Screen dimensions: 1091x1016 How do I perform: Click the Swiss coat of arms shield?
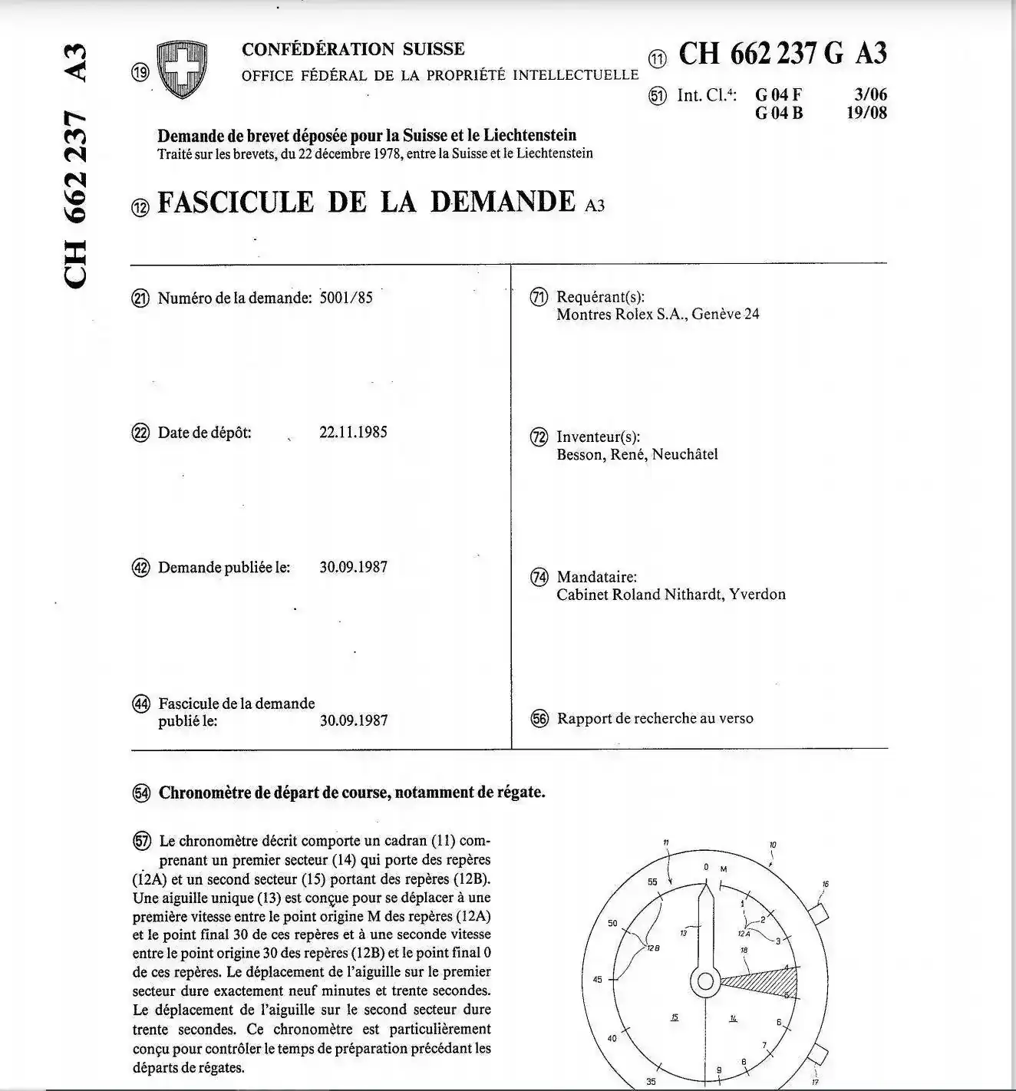tap(181, 69)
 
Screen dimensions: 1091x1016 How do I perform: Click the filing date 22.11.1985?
tap(353, 432)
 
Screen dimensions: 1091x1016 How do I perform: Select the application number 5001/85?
tap(345, 298)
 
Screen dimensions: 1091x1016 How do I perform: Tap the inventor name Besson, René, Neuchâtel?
tap(637, 454)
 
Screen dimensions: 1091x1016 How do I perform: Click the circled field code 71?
tap(539, 297)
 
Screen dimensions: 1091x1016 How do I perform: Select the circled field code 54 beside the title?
tap(141, 793)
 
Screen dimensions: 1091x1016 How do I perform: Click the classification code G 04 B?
tap(778, 114)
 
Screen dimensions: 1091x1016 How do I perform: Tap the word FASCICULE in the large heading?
tap(236, 203)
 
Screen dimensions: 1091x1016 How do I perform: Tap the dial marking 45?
tap(598, 979)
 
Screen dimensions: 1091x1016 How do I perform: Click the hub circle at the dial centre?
tap(704, 981)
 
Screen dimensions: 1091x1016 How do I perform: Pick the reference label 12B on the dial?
tap(653, 948)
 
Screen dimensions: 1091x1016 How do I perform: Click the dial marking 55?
tap(652, 882)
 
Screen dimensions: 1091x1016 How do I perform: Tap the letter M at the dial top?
tap(723, 869)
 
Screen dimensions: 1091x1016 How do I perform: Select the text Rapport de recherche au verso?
tap(655, 719)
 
